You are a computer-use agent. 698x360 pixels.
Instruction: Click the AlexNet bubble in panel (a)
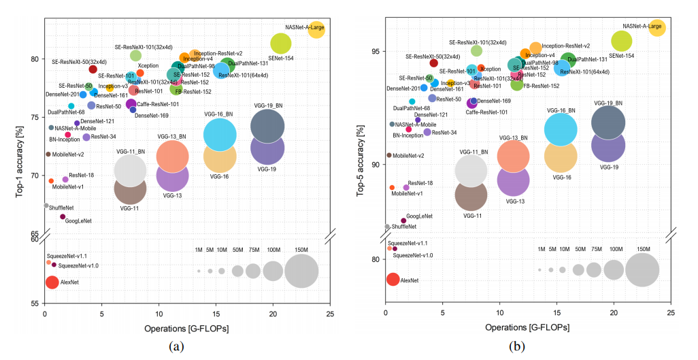[x=52, y=282]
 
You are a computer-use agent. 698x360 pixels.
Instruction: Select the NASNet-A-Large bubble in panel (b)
[x=657, y=28]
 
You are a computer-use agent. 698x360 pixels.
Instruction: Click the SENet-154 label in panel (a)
[x=281, y=59]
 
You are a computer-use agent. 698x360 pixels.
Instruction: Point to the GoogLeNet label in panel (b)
[x=419, y=215]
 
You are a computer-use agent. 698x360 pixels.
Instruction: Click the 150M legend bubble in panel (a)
[x=301, y=271]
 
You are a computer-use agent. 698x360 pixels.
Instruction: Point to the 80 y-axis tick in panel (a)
[x=35, y=59]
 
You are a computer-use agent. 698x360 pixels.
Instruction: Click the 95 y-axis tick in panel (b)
[x=376, y=51]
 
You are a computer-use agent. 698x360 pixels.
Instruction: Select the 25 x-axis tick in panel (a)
[x=329, y=314]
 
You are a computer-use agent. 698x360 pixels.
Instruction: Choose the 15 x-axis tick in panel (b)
[x=556, y=314]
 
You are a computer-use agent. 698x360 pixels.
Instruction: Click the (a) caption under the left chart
[x=176, y=346]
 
